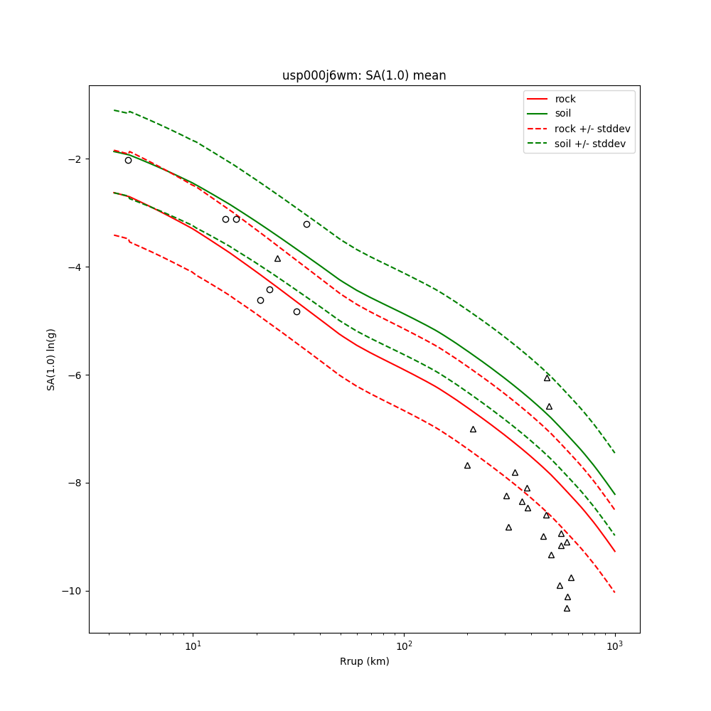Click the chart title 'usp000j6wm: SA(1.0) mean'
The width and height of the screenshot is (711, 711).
click(364, 75)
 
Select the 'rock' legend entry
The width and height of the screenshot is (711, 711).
click(565, 99)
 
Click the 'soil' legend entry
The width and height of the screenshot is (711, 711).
click(562, 113)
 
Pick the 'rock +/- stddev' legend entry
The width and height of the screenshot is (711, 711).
click(592, 129)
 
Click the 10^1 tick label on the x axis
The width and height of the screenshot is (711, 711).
click(193, 646)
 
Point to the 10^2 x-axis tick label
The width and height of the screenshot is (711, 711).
click(404, 646)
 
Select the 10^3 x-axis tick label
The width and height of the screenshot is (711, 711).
click(614, 646)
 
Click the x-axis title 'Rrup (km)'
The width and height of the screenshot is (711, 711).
click(364, 661)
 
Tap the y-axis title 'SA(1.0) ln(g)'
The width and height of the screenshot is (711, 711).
click(51, 359)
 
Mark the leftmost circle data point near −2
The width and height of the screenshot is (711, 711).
click(128, 160)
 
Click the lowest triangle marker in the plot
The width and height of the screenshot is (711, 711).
click(567, 608)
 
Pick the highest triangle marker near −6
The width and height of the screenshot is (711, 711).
click(547, 378)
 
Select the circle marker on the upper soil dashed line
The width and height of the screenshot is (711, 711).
click(306, 224)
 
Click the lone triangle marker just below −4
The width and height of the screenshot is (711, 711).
click(277, 258)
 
